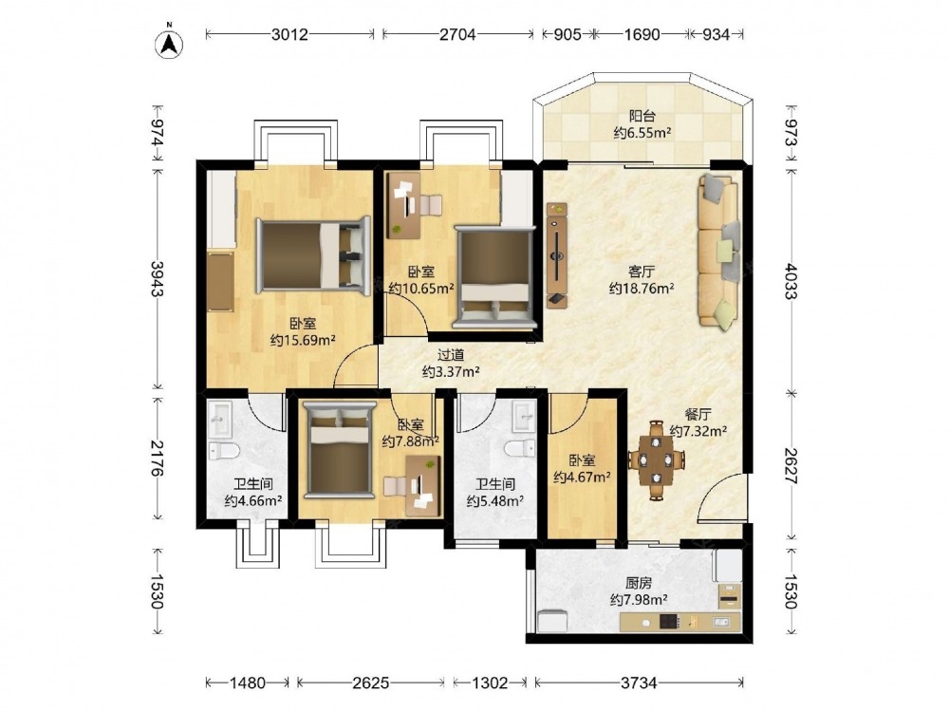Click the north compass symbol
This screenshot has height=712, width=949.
(x=170, y=43)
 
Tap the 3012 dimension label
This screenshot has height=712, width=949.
(x=289, y=34)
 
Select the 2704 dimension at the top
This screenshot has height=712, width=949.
(x=457, y=34)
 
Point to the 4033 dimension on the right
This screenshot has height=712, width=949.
(x=791, y=280)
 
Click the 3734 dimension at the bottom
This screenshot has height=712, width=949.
(x=639, y=683)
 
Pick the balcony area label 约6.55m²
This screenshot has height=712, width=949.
(x=642, y=133)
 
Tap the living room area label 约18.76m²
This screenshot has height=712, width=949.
(x=642, y=289)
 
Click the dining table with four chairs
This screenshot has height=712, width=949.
(x=657, y=460)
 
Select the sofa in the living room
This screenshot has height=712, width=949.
(x=719, y=253)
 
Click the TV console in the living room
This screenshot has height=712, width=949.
(x=557, y=255)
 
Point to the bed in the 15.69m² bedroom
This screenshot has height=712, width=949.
(x=313, y=254)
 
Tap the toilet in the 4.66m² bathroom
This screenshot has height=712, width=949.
(x=224, y=450)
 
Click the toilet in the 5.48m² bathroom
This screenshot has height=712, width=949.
(x=520, y=449)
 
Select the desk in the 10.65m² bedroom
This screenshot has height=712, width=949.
(x=403, y=206)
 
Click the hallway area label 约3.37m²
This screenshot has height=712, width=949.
(x=451, y=371)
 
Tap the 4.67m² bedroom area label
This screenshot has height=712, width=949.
(x=582, y=478)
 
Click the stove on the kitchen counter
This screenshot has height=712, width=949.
(x=668, y=621)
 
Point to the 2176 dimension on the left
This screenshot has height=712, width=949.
(x=157, y=458)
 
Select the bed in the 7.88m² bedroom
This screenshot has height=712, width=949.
(x=339, y=450)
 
